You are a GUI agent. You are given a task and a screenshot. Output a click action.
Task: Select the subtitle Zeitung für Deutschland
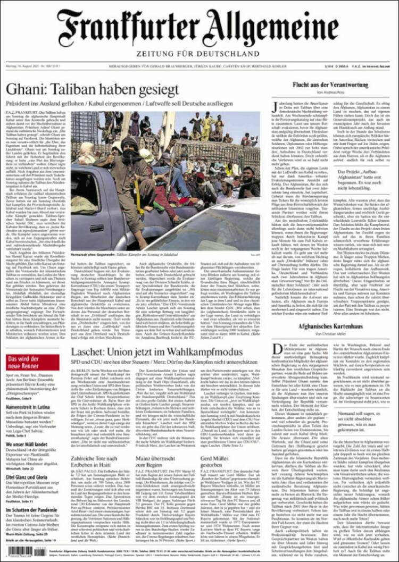[x=199, y=53]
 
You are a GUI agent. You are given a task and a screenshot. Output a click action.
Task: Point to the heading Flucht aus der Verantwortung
[x=330, y=85]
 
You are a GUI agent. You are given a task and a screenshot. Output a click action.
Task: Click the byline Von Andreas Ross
[x=330, y=93]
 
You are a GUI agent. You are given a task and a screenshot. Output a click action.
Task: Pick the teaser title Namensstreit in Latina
[x=28, y=407]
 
